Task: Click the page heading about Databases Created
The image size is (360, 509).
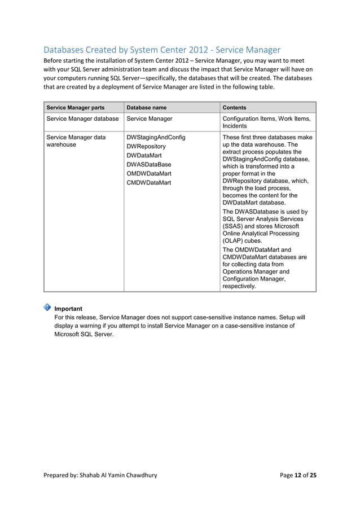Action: click(x=162, y=50)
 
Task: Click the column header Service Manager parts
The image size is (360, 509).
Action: click(x=75, y=107)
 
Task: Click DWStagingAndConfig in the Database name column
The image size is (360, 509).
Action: click(x=156, y=137)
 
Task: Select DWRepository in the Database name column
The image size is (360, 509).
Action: click(x=146, y=146)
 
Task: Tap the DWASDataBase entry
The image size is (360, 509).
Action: click(x=148, y=164)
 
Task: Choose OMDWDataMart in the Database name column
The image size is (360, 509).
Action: click(x=149, y=173)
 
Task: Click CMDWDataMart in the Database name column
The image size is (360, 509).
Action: click(x=148, y=182)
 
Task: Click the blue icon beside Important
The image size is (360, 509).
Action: click(x=47, y=308)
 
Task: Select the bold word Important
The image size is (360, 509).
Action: click(x=68, y=309)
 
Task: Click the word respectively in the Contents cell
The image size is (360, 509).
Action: click(x=240, y=286)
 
